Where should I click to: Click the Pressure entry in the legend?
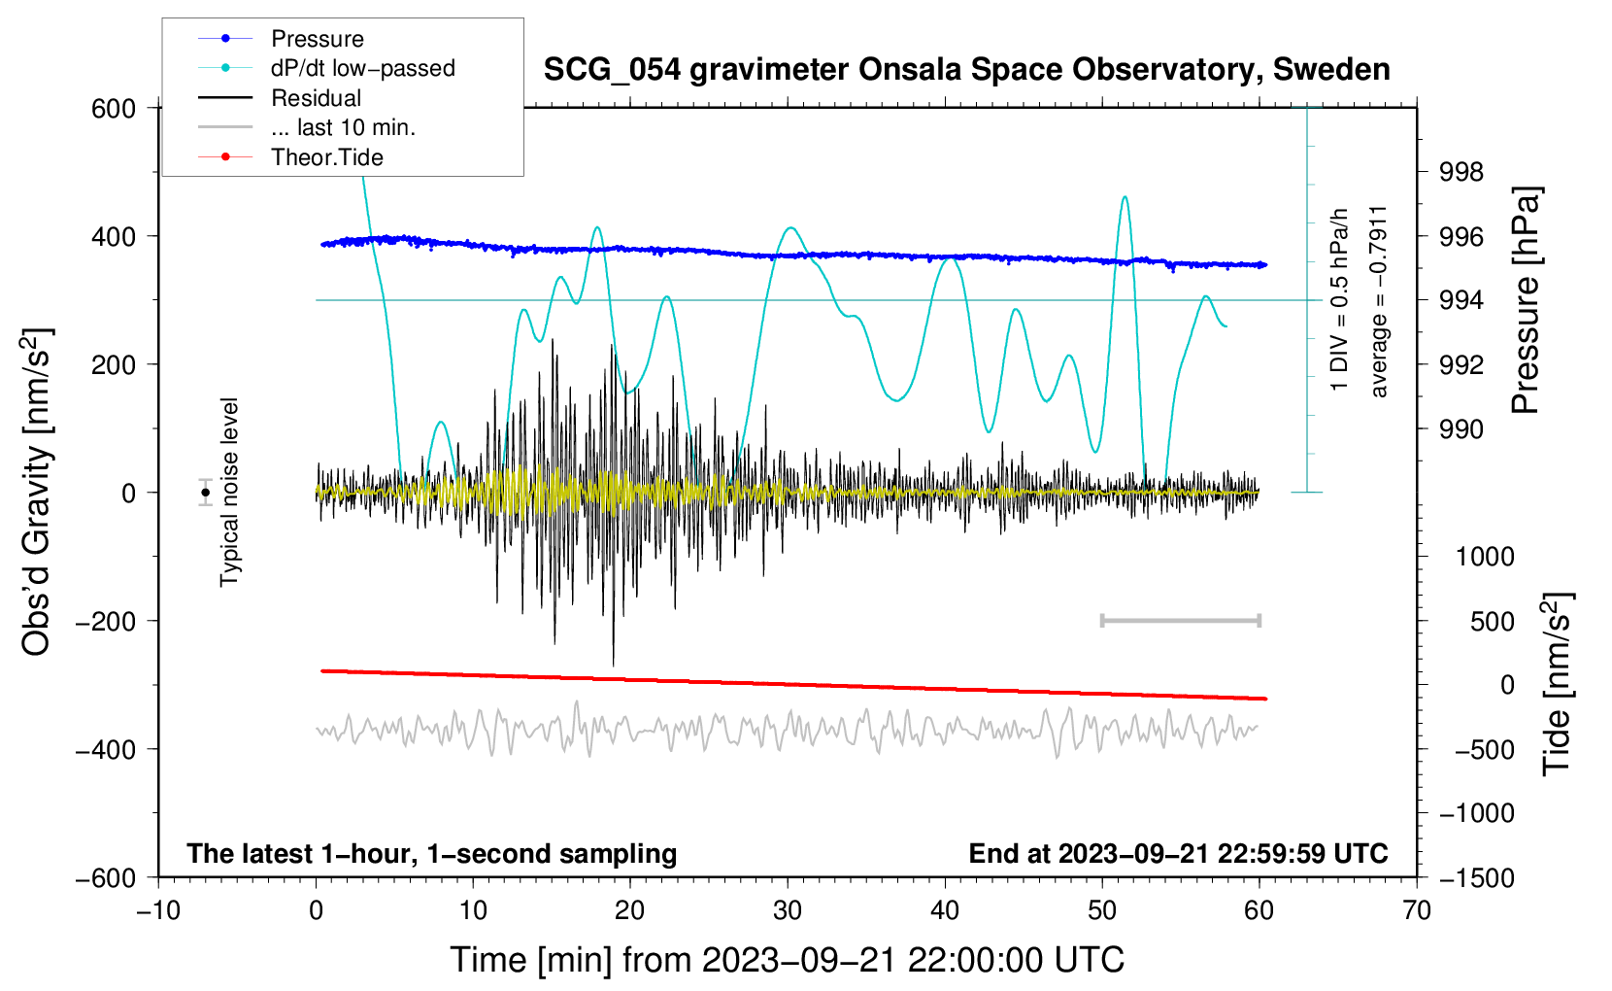317,39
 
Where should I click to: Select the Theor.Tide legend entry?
326,157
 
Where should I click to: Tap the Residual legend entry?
316,98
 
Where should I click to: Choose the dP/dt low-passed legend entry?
362,68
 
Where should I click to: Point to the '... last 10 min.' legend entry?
343,127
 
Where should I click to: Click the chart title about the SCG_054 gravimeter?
966,70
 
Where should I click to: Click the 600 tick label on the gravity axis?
114,109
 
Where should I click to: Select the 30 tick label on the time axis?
788,910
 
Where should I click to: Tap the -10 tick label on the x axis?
158,910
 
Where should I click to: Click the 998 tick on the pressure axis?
1461,172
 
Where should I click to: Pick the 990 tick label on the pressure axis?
1461,428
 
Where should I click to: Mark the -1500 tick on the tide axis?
1476,877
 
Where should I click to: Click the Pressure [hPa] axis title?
1526,300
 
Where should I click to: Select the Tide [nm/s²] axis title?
1557,683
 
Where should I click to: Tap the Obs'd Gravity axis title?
37,492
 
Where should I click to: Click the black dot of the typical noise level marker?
206,493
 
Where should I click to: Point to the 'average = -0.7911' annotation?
1379,301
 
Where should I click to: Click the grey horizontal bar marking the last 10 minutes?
1180,620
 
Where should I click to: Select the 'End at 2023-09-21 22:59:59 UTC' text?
1178,853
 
